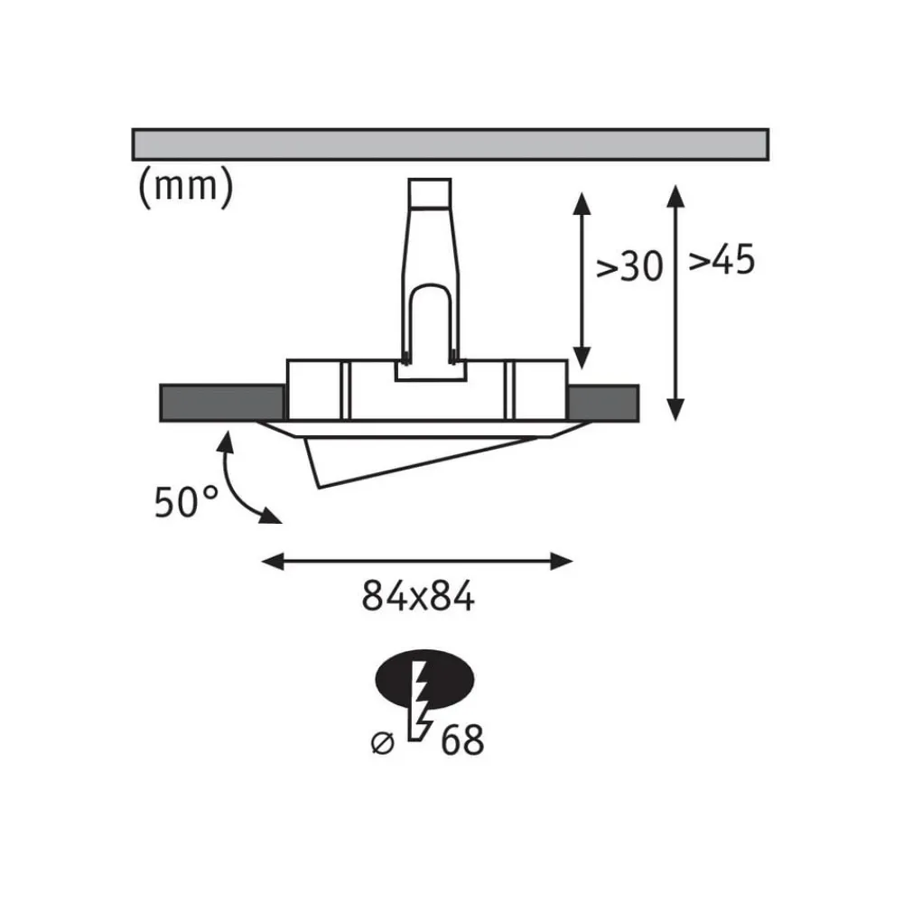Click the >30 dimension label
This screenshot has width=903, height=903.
[x=630, y=267]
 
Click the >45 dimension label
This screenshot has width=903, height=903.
[x=721, y=261]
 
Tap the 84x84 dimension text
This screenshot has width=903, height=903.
[x=417, y=597]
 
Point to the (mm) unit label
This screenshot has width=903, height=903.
[x=185, y=186]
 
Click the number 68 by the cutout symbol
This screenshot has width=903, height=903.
[x=462, y=740]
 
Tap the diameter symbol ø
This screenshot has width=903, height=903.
[x=384, y=742]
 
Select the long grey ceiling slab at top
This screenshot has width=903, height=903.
[x=450, y=144]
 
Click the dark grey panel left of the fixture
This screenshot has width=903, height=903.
[x=220, y=402]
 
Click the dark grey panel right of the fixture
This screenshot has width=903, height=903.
[x=603, y=402]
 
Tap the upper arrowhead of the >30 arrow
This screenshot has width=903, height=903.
[x=582, y=202]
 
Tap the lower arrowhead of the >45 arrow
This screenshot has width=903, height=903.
[x=675, y=411]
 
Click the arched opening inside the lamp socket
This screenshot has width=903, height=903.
[x=429, y=321]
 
